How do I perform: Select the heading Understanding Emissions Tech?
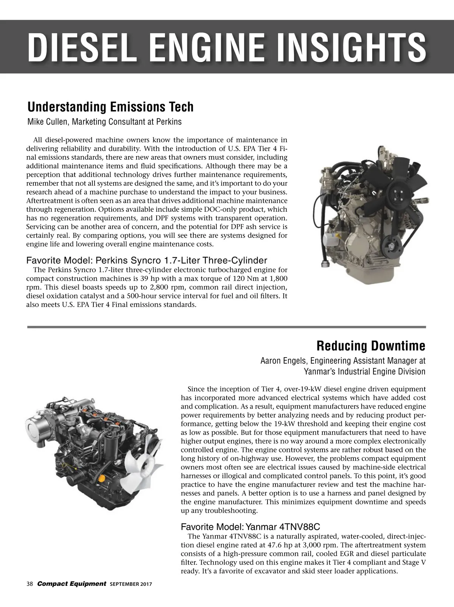110,107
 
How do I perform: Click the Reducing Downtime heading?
370,346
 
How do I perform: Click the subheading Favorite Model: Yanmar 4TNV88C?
250,526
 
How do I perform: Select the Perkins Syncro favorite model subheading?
147,260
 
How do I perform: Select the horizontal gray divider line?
227,327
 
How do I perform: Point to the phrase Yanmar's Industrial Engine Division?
365,372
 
